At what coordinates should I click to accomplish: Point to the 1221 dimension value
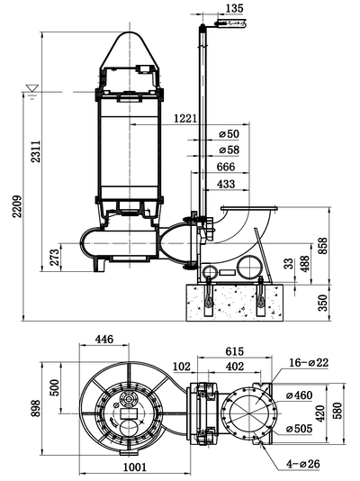(184, 119)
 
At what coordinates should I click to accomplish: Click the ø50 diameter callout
(230, 134)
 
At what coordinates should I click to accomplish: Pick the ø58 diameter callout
(230, 150)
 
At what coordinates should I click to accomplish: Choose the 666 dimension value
(226, 167)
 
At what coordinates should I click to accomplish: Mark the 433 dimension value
(226, 184)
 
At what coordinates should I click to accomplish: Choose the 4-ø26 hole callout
(302, 463)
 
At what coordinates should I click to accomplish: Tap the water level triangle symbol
(32, 90)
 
